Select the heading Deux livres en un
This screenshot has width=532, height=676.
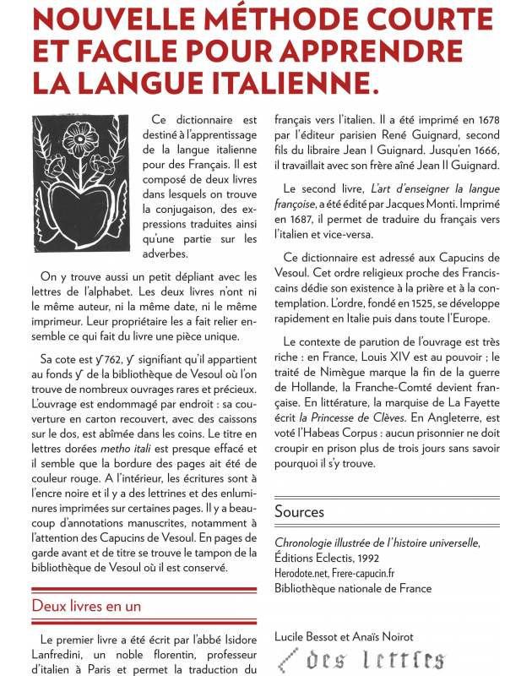pyautogui.click(x=86, y=606)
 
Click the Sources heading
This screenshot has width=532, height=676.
pyautogui.click(x=299, y=511)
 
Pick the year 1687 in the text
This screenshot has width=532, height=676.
pyautogui.click(x=297, y=219)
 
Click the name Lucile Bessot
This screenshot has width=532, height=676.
pyautogui.click(x=311, y=635)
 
